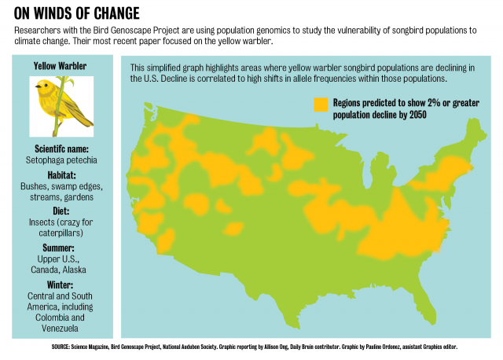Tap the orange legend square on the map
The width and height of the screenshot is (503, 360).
coord(320,103)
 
